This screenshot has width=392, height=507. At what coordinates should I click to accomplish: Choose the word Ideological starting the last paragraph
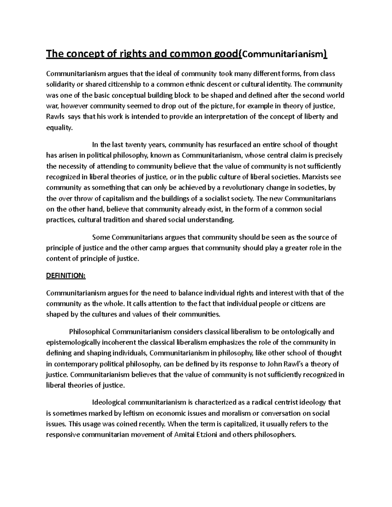pos(109,402)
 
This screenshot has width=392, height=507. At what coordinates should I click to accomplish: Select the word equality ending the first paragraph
pos(59,128)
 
